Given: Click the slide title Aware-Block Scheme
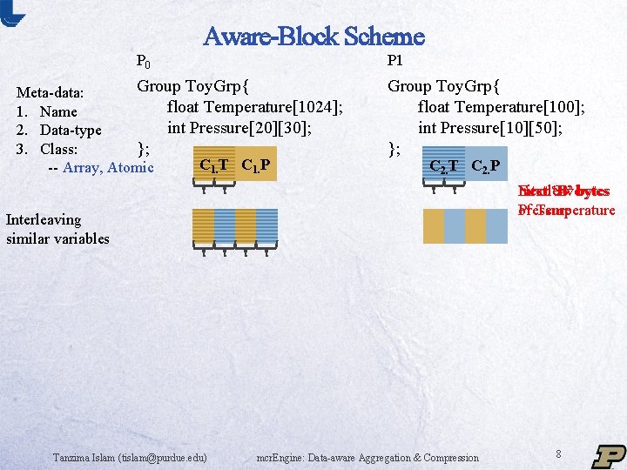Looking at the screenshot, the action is click(x=313, y=37).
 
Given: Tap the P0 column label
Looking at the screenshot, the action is click(x=144, y=62).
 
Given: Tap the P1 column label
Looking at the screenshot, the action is click(x=394, y=62).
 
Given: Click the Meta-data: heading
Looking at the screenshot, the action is click(x=51, y=93).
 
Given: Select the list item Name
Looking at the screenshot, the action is click(x=57, y=111).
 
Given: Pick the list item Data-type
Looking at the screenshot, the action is click(x=70, y=131).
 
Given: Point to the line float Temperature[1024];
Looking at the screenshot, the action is click(x=254, y=107).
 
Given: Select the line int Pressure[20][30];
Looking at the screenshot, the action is click(x=239, y=127).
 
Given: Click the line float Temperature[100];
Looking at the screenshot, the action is click(x=501, y=107).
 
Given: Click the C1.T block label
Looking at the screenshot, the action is click(x=214, y=165).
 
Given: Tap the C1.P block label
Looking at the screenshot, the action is click(x=255, y=165).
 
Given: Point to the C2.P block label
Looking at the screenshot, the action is click(x=485, y=166).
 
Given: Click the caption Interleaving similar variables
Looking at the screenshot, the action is click(x=57, y=229).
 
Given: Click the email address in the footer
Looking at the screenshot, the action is click(x=130, y=457).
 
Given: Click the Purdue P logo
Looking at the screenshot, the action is click(x=609, y=455).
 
